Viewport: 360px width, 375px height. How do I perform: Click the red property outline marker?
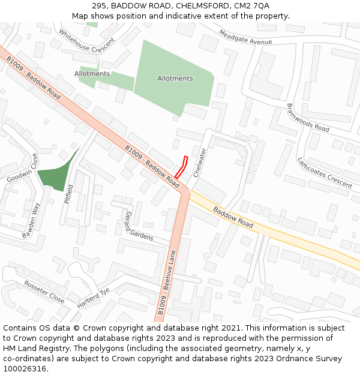[x=181, y=167]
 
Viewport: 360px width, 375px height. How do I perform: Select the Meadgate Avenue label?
[x=245, y=37]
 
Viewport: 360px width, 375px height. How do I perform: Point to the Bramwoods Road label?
[x=308, y=118]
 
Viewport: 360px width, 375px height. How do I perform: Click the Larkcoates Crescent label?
[x=325, y=173]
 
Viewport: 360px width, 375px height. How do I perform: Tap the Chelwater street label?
[x=200, y=162]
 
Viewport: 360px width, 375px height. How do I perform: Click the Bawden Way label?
[x=31, y=221]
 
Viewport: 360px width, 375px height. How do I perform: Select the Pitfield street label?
[x=69, y=194]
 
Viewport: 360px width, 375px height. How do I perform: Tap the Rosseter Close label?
[x=44, y=292]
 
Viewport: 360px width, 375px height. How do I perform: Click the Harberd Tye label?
[x=93, y=298]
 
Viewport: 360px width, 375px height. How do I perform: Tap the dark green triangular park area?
[x=56, y=173]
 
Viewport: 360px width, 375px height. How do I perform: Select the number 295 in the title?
[x=100, y=5]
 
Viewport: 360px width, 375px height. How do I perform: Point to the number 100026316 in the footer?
[x=25, y=368]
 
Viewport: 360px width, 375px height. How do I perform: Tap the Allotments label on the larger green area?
[x=175, y=79]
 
